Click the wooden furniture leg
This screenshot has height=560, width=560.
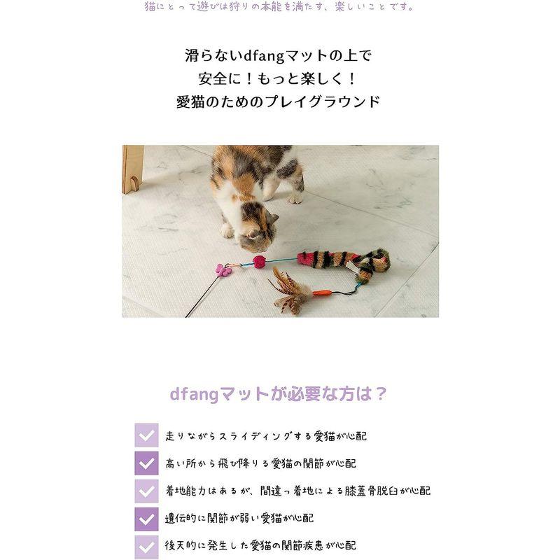click(132, 169)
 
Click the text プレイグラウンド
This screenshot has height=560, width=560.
click(335, 101)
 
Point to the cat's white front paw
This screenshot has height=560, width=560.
click(228, 230)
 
